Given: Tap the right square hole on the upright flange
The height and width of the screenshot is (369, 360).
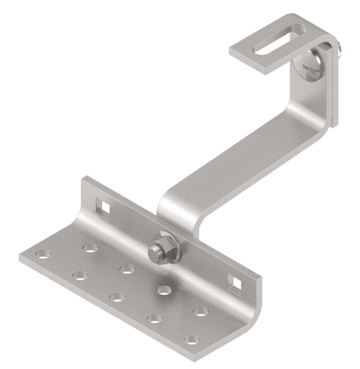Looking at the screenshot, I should (234, 281).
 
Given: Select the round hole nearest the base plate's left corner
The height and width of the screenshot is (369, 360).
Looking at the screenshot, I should (44, 253).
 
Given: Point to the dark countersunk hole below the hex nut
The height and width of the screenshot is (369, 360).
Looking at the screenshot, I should (164, 290).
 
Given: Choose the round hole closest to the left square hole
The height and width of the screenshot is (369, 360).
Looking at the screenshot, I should (91, 247).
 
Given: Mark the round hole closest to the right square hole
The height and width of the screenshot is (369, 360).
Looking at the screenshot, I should (201, 311).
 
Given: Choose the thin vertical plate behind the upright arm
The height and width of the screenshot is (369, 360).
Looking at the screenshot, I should (334, 86).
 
